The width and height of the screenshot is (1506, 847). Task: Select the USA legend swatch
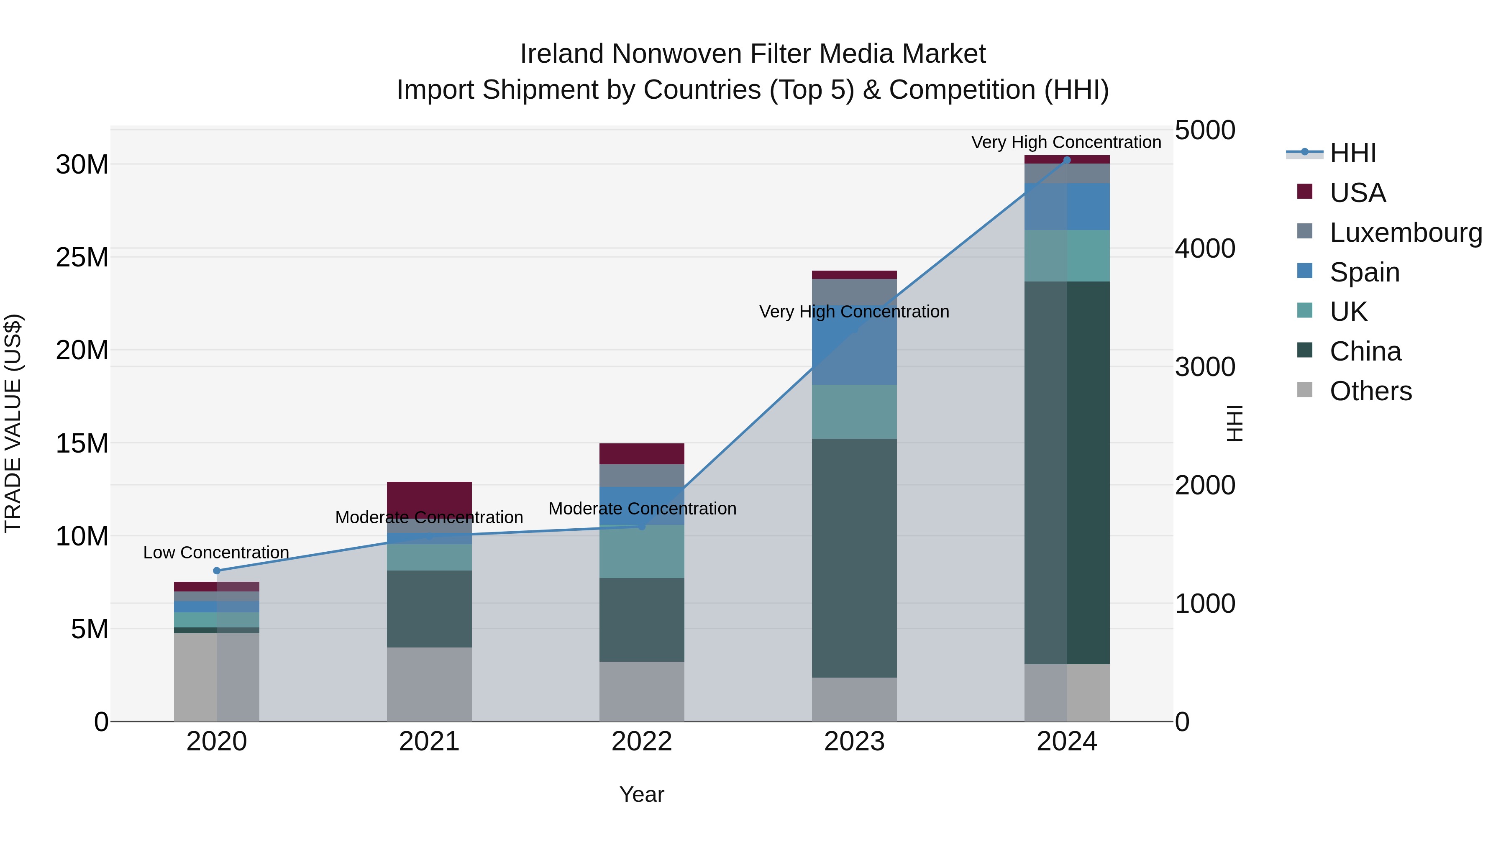coord(1304,192)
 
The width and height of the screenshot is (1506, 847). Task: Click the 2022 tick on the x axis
coord(641,742)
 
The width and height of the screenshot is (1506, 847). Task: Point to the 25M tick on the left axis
coord(82,257)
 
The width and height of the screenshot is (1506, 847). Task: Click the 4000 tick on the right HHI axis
coord(1205,248)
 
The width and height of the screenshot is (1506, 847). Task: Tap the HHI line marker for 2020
coord(217,571)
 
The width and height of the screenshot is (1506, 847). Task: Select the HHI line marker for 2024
coord(1066,160)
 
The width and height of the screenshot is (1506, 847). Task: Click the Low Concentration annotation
coord(216,553)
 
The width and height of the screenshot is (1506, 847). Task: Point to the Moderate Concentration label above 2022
coord(642,509)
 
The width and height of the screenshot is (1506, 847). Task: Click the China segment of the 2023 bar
coord(854,558)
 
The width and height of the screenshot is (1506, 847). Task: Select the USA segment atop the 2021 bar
coord(429,497)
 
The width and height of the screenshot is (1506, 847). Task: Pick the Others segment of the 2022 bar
coord(641,691)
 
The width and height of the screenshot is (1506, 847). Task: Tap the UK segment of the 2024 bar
coord(1066,256)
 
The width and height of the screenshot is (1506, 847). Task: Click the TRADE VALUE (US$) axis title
coord(13,423)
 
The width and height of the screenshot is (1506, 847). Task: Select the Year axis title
coord(641,794)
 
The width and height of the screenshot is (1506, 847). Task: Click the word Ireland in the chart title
coord(561,54)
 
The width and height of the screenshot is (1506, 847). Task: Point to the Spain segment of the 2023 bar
coord(854,351)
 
